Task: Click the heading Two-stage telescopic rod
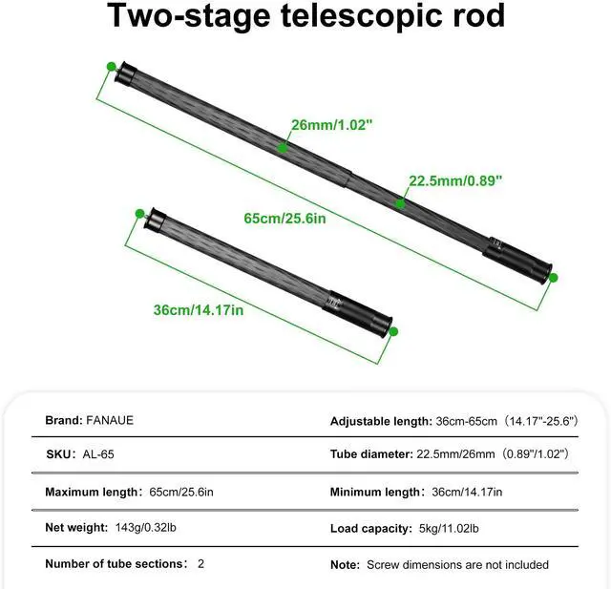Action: (305, 16)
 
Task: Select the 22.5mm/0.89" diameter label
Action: (455, 180)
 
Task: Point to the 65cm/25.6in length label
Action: (285, 219)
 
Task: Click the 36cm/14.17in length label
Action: (199, 308)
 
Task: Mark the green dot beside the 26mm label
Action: (283, 147)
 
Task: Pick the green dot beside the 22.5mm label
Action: (401, 202)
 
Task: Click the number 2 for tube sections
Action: (200, 564)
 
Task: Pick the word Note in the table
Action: (345, 564)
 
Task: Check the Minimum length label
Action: (375, 492)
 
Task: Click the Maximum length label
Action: (92, 492)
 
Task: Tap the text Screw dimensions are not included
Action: (457, 564)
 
